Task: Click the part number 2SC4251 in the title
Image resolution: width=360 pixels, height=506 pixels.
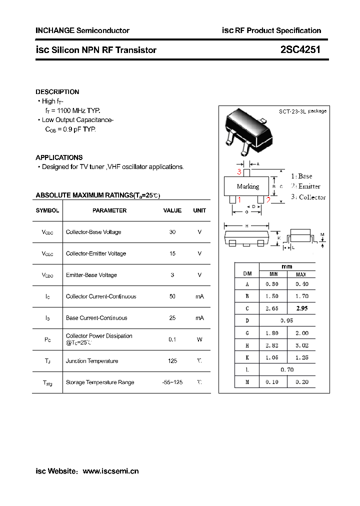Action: pos(300,50)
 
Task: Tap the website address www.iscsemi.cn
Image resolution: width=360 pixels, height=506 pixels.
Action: pos(110,471)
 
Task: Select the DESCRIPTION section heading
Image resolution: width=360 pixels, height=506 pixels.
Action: pos(57,92)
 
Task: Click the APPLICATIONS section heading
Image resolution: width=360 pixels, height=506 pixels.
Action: pos(59,157)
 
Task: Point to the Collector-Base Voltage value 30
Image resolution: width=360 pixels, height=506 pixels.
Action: pos(172,232)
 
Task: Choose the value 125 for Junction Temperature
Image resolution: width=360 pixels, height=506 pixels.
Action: pos(172,360)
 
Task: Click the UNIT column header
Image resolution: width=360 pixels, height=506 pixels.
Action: pos(199,210)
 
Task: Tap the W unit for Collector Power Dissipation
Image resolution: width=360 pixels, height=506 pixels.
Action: pos(199,339)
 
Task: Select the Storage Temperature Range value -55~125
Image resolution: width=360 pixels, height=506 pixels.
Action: pos(172,382)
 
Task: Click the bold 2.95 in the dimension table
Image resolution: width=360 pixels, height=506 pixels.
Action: pos(301,308)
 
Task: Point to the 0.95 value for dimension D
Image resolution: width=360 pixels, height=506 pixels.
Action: pos(287,320)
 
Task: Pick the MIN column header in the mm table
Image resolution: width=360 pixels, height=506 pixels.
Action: pos(273,274)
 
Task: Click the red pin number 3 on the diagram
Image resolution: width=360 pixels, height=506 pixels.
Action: pos(239,172)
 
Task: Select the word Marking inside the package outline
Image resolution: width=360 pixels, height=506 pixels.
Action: pos(248,186)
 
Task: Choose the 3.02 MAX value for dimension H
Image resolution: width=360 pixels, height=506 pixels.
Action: pos(301,345)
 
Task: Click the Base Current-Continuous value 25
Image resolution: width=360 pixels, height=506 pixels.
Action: pos(172,318)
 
